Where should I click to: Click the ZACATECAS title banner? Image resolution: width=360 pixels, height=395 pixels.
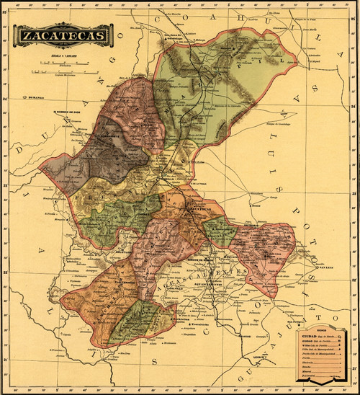[x=63, y=35]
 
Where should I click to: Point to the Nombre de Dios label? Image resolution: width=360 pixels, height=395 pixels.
[x=70, y=112]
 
